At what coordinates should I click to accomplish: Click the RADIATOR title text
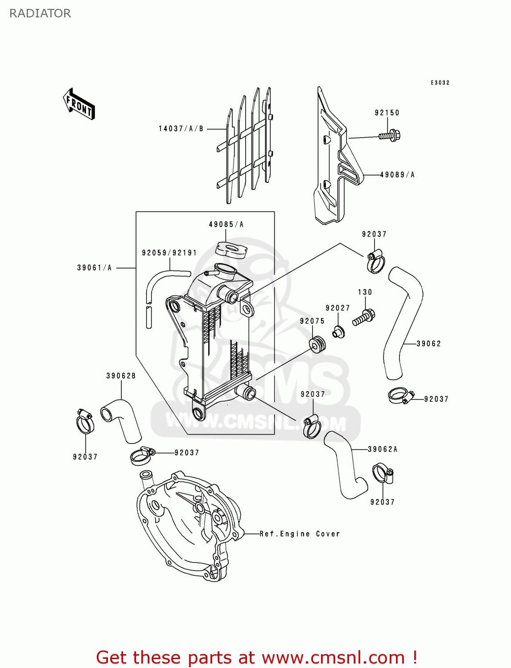(x=40, y=13)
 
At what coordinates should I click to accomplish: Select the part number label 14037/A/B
(x=181, y=129)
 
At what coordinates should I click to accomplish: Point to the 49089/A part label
(x=397, y=175)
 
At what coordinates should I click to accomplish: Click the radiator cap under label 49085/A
(x=231, y=249)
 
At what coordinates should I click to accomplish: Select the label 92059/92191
(x=169, y=253)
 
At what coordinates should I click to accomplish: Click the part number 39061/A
(x=95, y=268)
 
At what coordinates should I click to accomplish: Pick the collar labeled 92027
(x=339, y=332)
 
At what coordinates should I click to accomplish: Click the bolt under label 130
(x=363, y=318)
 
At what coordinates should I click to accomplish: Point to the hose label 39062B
(x=121, y=376)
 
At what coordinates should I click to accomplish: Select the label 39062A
(x=383, y=449)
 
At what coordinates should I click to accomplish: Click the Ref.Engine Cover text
(x=300, y=534)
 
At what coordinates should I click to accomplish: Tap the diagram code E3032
(x=440, y=83)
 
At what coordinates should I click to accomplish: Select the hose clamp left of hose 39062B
(x=85, y=422)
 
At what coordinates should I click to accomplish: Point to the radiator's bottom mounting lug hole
(x=198, y=413)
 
